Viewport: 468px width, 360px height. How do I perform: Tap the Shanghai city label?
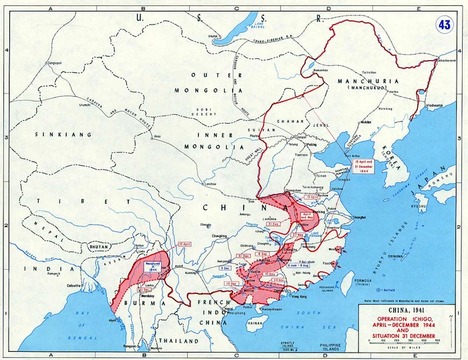coord(360,217)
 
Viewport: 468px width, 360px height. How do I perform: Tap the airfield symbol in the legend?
coord(378,290)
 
